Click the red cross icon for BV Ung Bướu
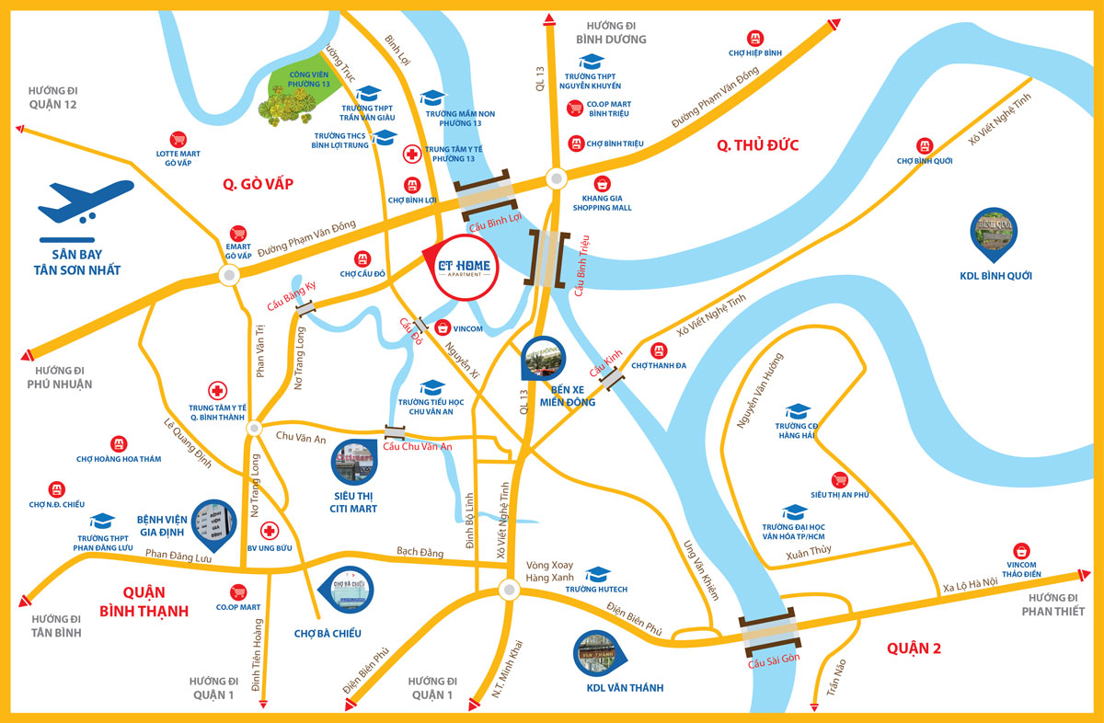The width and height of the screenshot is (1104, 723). tap(270, 531)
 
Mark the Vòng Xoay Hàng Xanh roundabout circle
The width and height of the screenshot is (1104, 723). tap(509, 590)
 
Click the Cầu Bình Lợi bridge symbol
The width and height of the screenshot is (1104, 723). tap(484, 196)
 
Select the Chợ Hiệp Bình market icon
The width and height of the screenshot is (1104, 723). tap(755, 38)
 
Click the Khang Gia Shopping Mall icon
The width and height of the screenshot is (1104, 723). tap(603, 182)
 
